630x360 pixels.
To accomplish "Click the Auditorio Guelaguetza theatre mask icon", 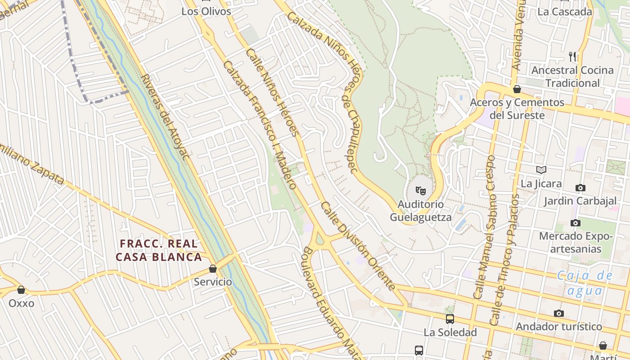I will [x=420, y=191].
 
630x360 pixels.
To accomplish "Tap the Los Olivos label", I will [x=206, y=12].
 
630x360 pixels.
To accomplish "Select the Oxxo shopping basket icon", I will [x=21, y=290].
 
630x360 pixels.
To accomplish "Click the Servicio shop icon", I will [x=213, y=269].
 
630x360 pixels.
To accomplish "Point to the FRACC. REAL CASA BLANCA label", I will [x=158, y=250].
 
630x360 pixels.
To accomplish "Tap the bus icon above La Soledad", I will [x=450, y=319].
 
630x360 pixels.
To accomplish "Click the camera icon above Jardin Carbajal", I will [x=580, y=188].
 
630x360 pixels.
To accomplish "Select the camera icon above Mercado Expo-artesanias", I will [x=575, y=223].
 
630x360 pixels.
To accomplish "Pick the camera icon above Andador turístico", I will [x=559, y=313].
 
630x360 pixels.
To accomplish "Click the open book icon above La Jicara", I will [x=541, y=170].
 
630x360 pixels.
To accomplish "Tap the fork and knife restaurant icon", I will [x=572, y=56].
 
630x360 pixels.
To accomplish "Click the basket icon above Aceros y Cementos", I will [x=517, y=89].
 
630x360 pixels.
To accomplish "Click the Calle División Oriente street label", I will [x=358, y=246].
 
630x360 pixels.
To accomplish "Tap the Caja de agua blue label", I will [x=584, y=283].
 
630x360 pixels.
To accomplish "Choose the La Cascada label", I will [x=564, y=12].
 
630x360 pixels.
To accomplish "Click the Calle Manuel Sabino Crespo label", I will [x=484, y=227].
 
